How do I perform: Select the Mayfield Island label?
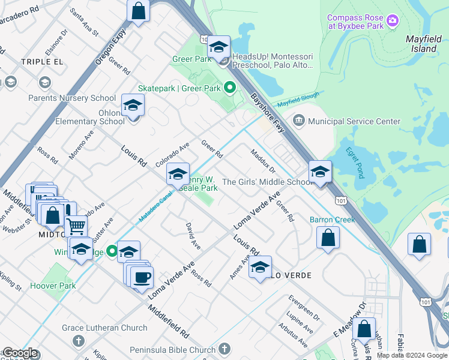click(424, 43)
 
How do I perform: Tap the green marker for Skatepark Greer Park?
click(229, 88)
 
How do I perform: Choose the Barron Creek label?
click(332, 220)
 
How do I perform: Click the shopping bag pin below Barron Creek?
click(328, 237)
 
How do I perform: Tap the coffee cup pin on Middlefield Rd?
click(142, 277)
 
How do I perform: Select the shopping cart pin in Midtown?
click(76, 226)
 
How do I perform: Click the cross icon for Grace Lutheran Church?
click(78, 341)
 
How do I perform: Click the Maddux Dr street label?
click(262, 161)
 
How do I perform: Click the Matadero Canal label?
click(155, 205)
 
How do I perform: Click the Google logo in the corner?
click(20, 353)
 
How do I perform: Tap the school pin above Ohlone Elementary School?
click(133, 105)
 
